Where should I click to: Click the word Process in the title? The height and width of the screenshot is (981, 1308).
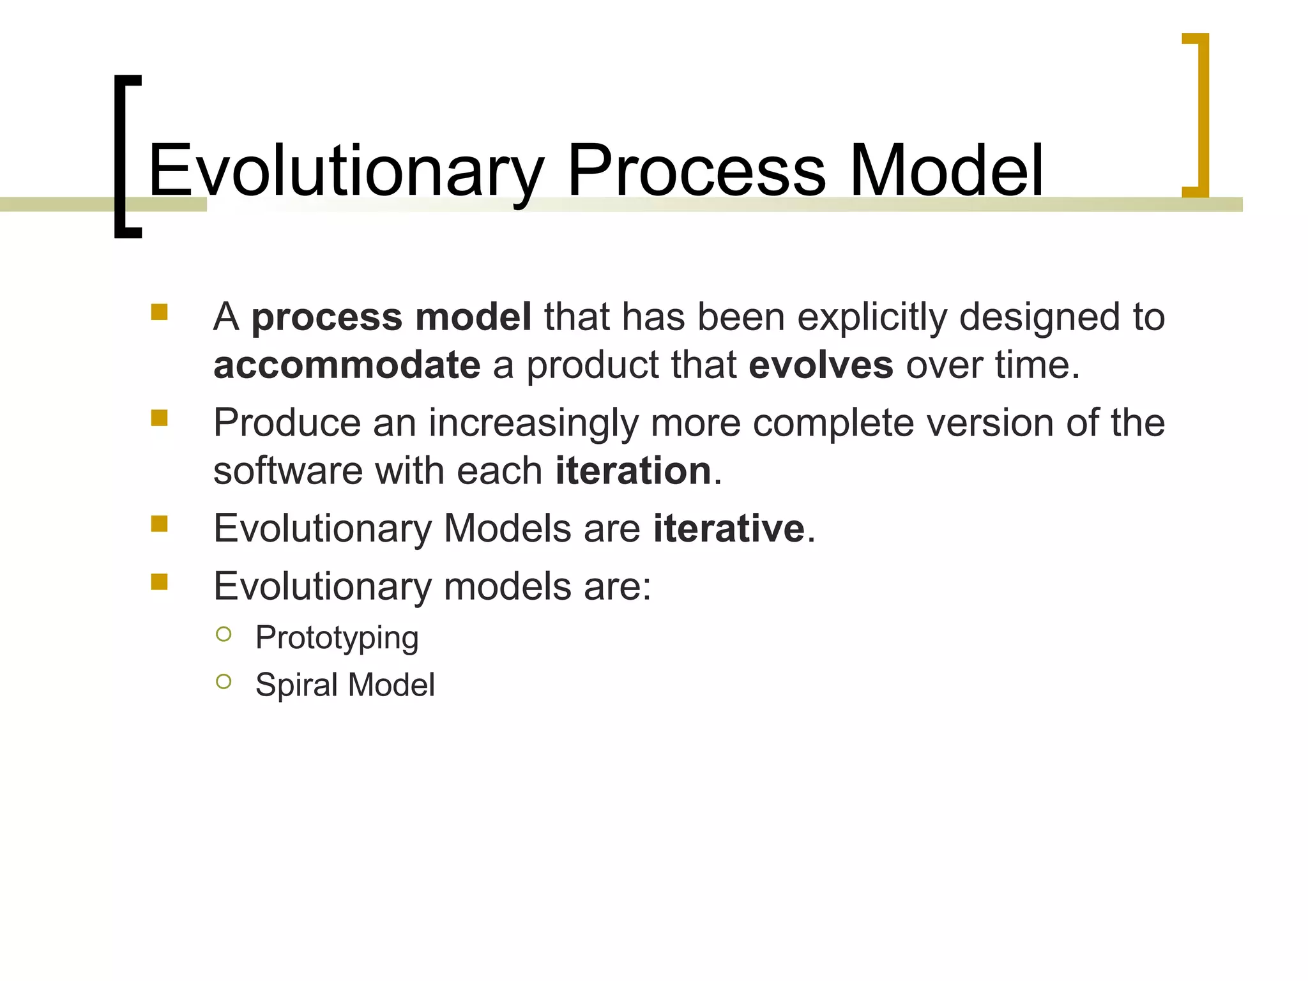[696, 171]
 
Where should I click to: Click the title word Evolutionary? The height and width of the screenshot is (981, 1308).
[346, 171]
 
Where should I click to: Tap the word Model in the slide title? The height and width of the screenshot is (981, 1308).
[947, 171]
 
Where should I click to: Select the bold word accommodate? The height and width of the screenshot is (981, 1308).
[347, 365]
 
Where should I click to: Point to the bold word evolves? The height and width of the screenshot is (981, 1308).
[821, 365]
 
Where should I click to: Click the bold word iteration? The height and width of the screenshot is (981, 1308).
[633, 471]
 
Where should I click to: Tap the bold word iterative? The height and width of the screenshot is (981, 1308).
[729, 529]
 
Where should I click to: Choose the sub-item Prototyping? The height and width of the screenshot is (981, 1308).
[337, 638]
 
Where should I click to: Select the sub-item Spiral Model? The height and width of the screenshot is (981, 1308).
[345, 685]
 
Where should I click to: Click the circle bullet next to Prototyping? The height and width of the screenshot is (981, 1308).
[224, 634]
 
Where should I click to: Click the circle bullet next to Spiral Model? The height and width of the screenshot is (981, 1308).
[224, 681]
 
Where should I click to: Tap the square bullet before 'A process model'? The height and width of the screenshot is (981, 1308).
[159, 312]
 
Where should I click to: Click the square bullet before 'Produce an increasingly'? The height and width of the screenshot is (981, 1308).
[159, 418]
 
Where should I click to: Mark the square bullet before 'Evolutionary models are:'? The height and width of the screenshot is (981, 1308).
[159, 582]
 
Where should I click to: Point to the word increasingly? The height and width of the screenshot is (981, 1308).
[533, 423]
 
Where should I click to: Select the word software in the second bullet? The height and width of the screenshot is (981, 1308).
[288, 471]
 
